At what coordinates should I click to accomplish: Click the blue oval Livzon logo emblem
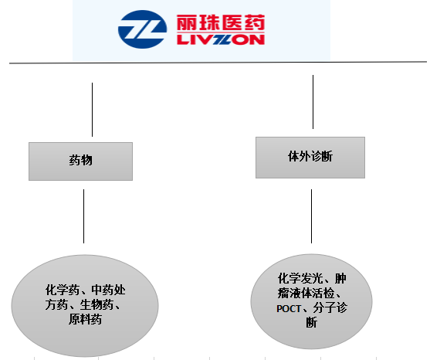(x=142, y=29)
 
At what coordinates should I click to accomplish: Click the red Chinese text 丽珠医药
(x=221, y=22)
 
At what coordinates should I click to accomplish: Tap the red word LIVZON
(x=221, y=40)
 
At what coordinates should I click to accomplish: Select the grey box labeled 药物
(x=80, y=161)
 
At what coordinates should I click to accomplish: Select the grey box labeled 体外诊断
(x=310, y=158)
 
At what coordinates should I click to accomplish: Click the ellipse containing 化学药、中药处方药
(x=85, y=305)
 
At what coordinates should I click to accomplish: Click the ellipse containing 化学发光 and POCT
(x=311, y=301)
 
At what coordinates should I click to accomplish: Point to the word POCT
(x=289, y=309)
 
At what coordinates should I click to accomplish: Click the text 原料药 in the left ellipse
(x=85, y=319)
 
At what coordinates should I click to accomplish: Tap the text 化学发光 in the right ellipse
(x=300, y=279)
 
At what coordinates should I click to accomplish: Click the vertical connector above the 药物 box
(x=92, y=110)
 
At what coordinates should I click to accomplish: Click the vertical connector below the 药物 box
(x=83, y=216)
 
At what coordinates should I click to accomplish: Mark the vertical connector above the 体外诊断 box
(x=313, y=102)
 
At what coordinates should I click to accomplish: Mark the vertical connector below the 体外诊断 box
(x=311, y=216)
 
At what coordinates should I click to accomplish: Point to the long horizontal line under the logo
(x=218, y=63)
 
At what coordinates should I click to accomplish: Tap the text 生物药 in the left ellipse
(x=96, y=304)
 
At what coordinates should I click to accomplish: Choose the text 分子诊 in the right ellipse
(x=330, y=308)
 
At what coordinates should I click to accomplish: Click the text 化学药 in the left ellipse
(x=63, y=290)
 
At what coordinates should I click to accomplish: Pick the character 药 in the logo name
(x=255, y=22)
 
